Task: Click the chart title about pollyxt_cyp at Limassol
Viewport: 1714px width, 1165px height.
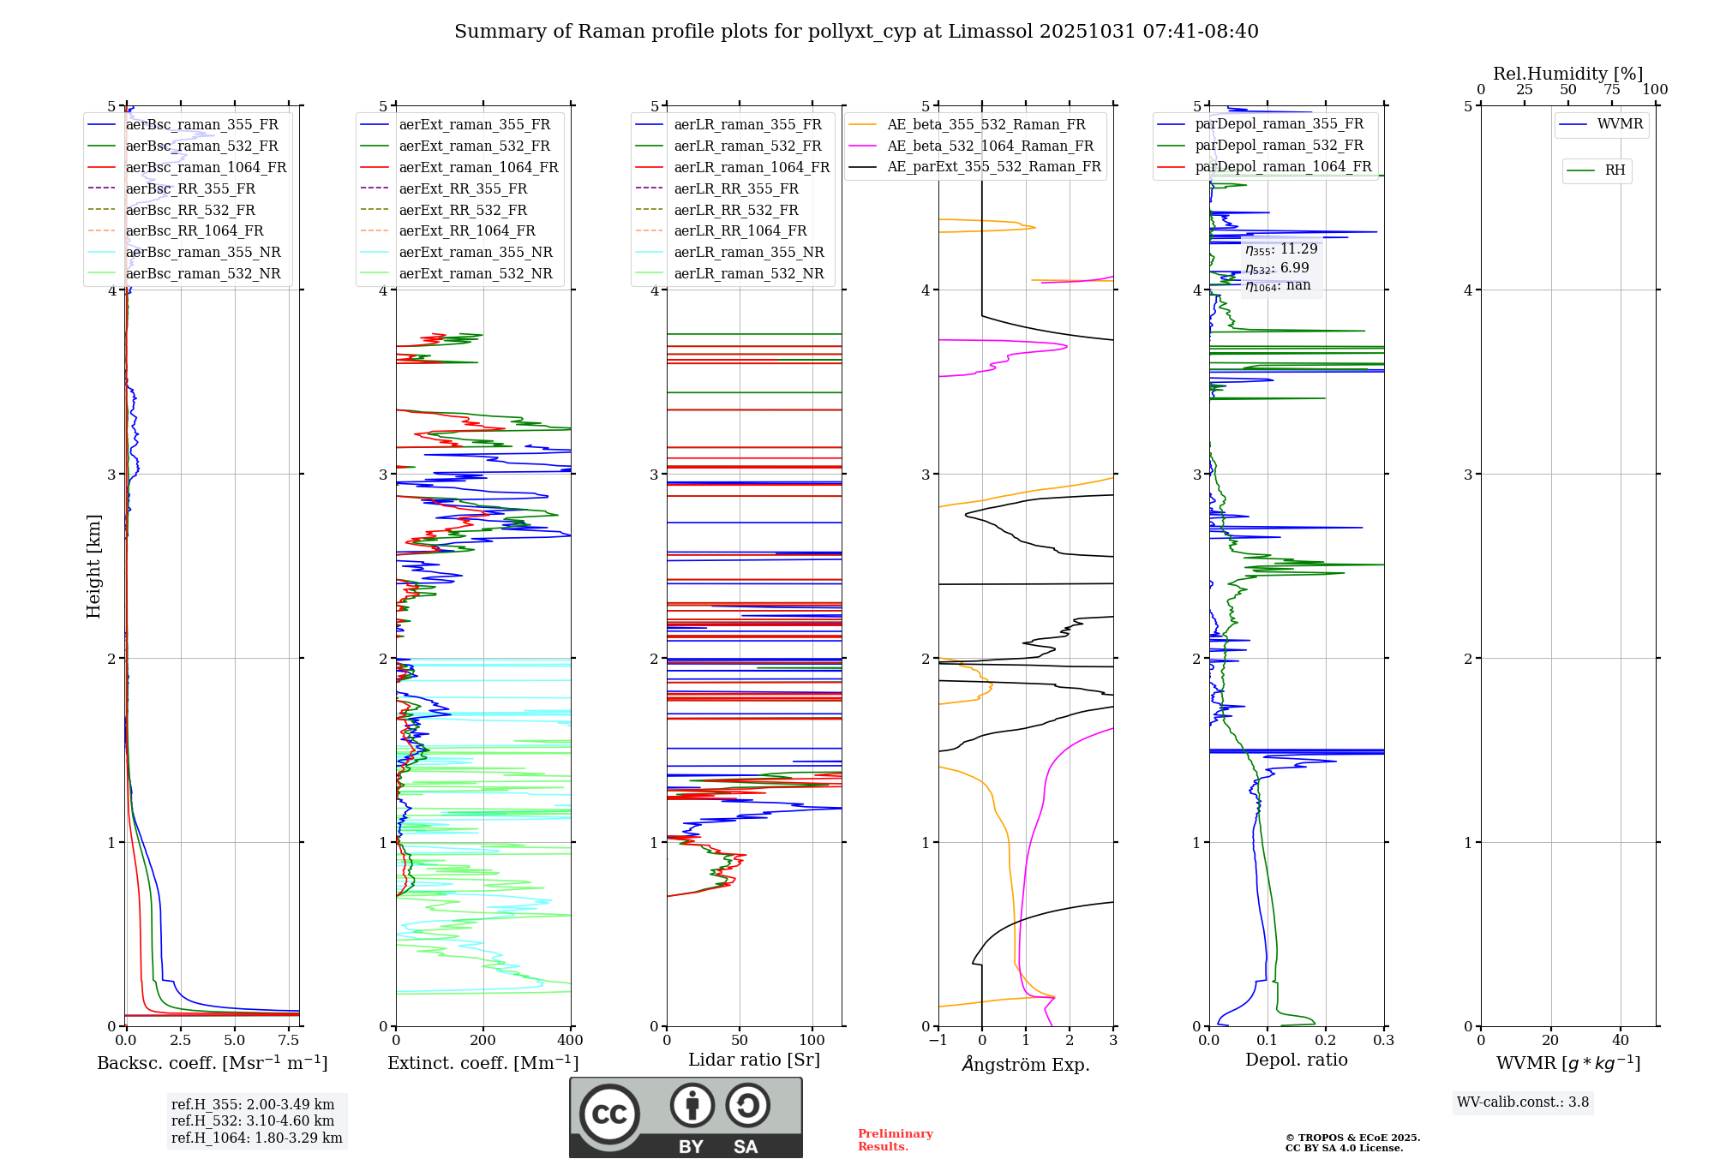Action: point(856,32)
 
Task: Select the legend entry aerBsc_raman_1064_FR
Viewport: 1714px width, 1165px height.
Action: point(206,167)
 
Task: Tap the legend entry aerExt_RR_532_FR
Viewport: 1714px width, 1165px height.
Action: point(463,210)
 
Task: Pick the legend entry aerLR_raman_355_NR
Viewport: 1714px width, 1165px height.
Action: point(748,252)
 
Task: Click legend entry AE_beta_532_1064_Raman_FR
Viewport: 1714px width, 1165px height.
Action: point(990,146)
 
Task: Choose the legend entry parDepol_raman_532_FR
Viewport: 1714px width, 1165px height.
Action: point(1279,146)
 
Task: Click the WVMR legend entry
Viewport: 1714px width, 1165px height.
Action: point(1620,124)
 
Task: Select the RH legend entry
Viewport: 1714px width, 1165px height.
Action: point(1615,170)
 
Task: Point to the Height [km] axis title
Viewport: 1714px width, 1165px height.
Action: point(93,566)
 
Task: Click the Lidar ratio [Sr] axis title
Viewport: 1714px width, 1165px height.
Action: point(754,1060)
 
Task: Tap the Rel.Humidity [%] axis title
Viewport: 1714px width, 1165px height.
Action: point(1567,74)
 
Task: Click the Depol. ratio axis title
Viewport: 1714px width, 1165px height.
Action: point(1296,1060)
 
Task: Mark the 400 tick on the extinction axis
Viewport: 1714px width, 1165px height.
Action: point(570,1041)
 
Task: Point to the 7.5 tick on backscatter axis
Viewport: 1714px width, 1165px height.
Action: point(289,1041)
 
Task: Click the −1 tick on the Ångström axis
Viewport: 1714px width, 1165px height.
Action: point(938,1041)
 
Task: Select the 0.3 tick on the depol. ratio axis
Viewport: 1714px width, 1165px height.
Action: point(1383,1041)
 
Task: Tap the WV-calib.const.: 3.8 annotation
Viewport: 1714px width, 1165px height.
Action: point(1522,1102)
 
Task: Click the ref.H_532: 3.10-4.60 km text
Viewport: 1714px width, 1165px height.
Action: point(253,1120)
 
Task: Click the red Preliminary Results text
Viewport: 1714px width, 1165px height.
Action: point(895,1140)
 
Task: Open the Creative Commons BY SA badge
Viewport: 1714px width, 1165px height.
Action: point(686,1117)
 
